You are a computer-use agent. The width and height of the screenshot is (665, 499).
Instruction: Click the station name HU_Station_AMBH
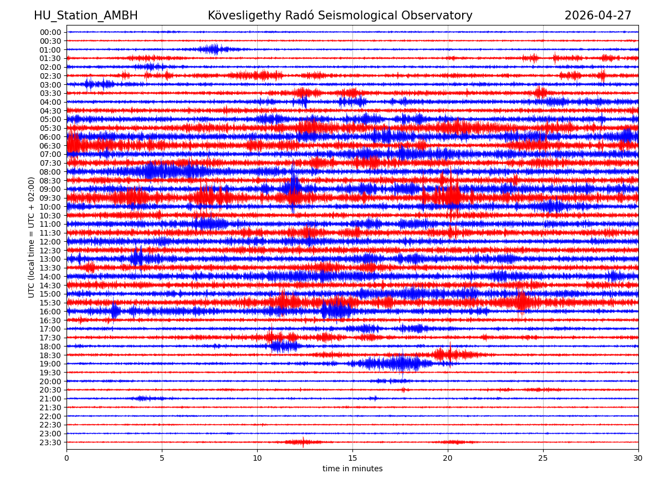[86, 16]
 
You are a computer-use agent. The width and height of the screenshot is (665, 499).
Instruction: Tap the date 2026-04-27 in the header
[597, 16]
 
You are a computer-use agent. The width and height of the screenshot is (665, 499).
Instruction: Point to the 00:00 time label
[50, 32]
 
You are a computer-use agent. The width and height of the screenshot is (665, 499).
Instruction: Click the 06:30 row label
[50, 146]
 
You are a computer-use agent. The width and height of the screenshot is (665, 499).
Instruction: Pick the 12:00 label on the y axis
[50, 242]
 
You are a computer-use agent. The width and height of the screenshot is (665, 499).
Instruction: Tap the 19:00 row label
[50, 364]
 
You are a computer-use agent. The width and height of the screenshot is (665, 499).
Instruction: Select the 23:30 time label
[50, 442]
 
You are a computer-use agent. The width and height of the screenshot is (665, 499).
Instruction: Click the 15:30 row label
[50, 303]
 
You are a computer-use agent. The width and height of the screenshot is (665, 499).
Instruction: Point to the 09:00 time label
[50, 189]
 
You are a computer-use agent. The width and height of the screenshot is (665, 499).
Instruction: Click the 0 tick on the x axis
[66, 459]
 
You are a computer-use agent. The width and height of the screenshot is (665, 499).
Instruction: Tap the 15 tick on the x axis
[352, 459]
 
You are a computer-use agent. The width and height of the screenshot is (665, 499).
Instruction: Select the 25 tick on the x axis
[543, 459]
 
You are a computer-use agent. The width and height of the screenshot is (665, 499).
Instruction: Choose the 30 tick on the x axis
[638, 459]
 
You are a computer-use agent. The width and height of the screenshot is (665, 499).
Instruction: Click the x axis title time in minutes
[352, 469]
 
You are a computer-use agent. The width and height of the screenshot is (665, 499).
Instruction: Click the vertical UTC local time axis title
[32, 237]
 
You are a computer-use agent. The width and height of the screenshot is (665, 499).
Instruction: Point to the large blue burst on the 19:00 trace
[396, 364]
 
